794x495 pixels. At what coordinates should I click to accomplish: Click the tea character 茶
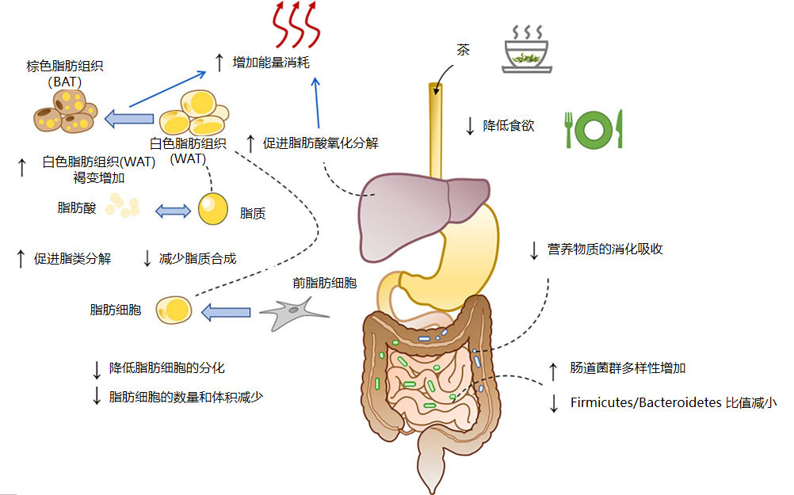[463, 50]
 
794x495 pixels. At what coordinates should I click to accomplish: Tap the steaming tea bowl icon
[525, 50]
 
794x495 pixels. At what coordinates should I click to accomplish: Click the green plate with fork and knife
[594, 129]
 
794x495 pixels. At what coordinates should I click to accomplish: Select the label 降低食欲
[509, 125]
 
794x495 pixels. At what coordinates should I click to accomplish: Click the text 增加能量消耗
[270, 62]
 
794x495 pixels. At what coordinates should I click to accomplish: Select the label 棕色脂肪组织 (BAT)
[64, 73]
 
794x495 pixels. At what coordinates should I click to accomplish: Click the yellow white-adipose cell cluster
[194, 114]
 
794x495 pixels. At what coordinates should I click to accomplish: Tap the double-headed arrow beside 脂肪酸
[172, 211]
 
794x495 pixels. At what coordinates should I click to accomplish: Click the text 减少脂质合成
[198, 258]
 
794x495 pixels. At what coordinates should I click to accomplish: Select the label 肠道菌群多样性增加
[628, 368]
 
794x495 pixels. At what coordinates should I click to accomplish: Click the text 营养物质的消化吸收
[605, 249]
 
